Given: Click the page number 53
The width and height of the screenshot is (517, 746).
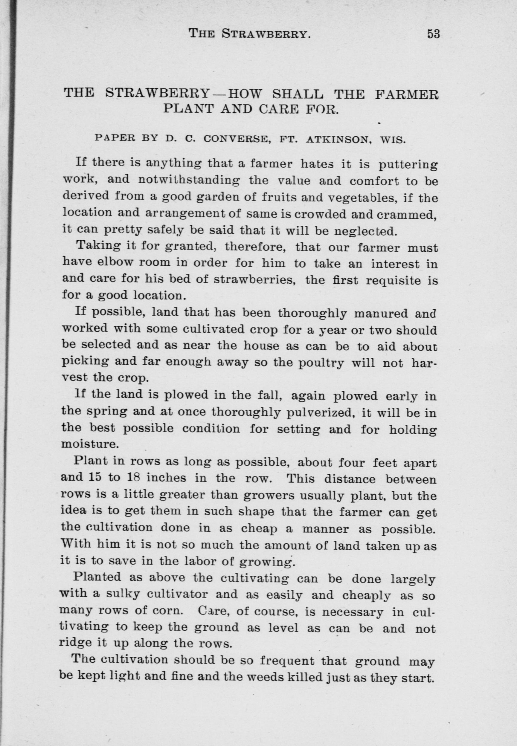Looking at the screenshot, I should [x=434, y=34].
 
